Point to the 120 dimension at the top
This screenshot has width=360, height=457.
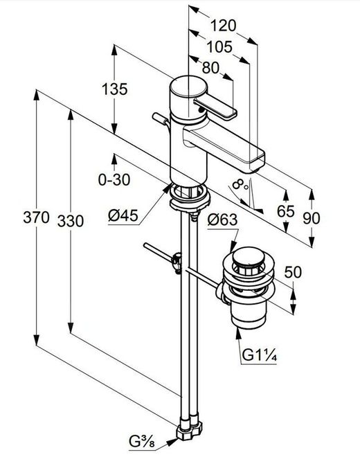pyautogui.click(x=224, y=26)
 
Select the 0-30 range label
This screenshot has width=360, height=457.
pyautogui.click(x=112, y=179)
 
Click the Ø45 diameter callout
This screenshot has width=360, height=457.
pyautogui.click(x=122, y=215)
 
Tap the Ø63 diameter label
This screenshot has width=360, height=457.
pyautogui.click(x=222, y=220)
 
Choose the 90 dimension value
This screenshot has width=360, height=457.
pyautogui.click(x=312, y=217)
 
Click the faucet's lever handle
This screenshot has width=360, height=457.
pyautogui.click(x=215, y=107)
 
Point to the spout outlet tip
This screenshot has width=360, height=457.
pyautogui.click(x=255, y=162)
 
